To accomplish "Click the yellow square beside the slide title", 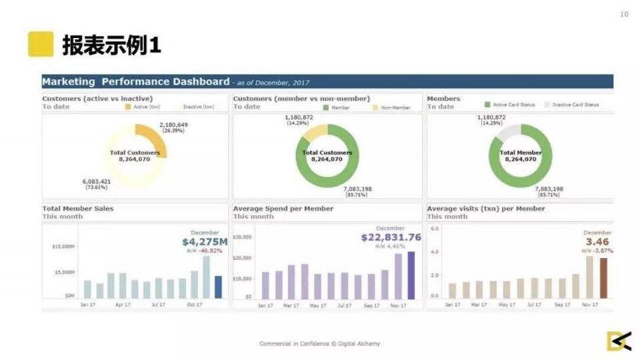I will (x=41, y=44).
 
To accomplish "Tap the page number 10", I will (x=624, y=15).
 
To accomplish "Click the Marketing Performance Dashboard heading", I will (x=135, y=82).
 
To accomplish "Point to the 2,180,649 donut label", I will (x=173, y=125).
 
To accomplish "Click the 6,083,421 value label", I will (x=97, y=181).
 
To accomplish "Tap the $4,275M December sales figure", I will (x=205, y=242).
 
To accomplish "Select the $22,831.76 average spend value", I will (x=391, y=237).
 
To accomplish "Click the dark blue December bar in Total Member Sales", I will (x=218, y=287).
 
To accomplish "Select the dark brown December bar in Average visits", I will (x=603, y=277).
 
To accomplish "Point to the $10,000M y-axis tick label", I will (x=63, y=247).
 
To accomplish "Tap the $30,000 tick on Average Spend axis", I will (x=242, y=237).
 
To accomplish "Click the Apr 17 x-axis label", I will (x=123, y=305).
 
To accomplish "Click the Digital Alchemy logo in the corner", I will (x=618, y=341).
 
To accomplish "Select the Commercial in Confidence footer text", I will (x=319, y=344).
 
